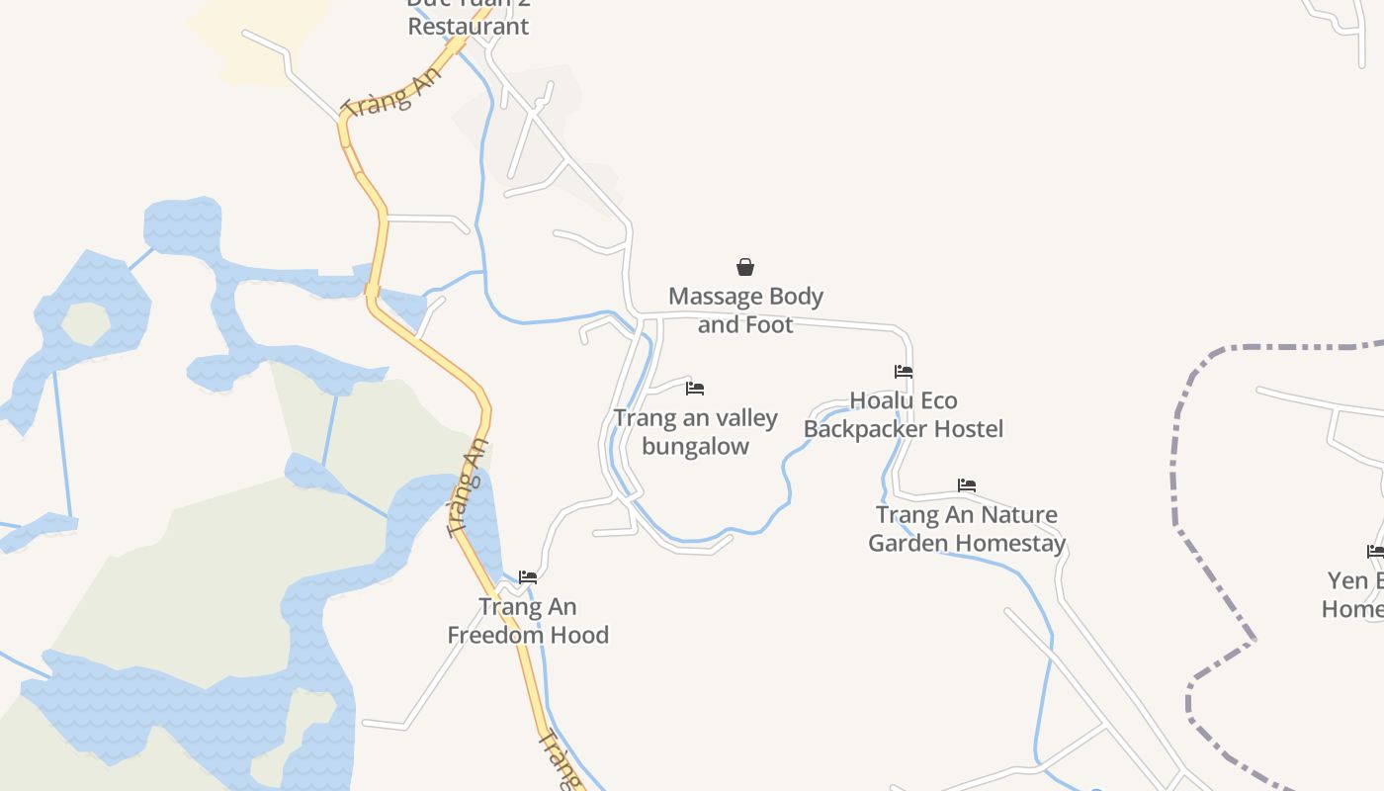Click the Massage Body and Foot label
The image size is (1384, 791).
(745, 310)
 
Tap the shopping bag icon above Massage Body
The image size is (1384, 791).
(745, 267)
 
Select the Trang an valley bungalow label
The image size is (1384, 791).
(695, 432)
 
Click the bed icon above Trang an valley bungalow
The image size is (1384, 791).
(695, 389)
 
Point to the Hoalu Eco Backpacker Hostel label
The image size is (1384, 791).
(904, 414)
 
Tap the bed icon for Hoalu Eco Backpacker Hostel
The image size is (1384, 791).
(904, 372)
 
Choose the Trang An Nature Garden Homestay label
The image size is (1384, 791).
(967, 529)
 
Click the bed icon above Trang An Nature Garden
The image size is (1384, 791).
(967, 485)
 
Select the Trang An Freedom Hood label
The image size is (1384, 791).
(528, 621)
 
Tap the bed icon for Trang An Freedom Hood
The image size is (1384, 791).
(528, 576)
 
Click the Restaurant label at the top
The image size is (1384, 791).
(469, 27)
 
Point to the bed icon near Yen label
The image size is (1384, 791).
(1375, 551)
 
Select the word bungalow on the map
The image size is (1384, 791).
(695, 446)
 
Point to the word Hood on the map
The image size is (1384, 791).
(583, 635)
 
